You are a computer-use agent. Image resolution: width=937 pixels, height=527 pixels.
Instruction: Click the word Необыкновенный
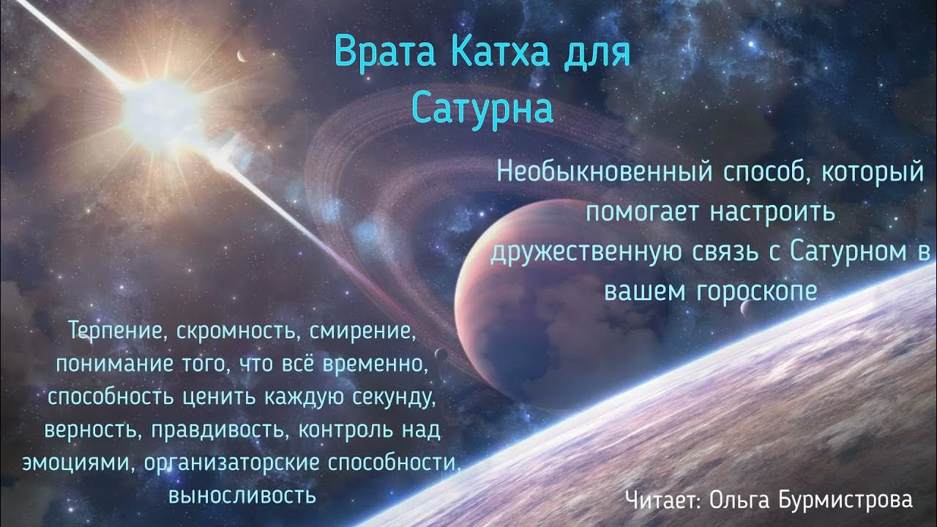(605, 173)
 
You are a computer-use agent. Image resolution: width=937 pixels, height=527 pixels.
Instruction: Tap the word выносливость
(242, 495)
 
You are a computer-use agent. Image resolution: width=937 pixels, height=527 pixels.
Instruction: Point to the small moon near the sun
(240, 56)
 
